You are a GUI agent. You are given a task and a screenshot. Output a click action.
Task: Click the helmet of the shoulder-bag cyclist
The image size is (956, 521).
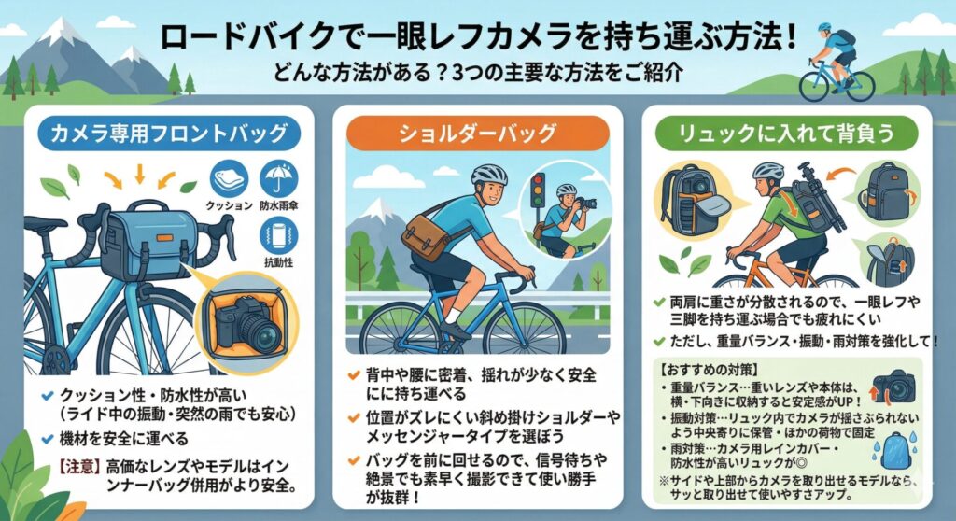click(488, 175)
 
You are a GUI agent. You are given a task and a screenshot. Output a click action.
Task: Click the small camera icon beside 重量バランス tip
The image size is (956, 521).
click(893, 386)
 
